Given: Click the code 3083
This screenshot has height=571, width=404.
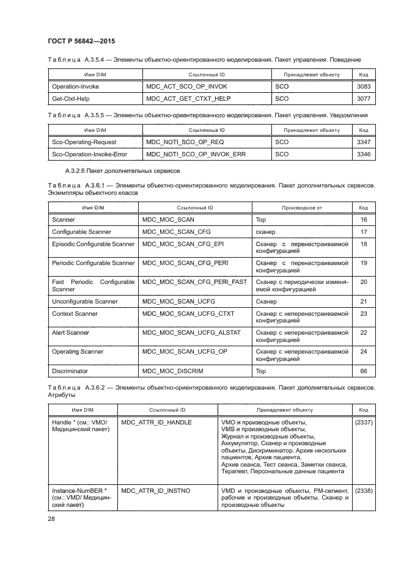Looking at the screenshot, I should [364, 87].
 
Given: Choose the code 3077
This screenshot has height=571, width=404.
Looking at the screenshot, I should [364, 98].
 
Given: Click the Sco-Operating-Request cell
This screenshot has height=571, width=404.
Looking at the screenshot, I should [80, 141].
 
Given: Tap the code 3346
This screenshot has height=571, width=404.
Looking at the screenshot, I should [364, 155].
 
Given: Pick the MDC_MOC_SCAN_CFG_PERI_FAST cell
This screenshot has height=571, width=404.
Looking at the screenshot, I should [194, 282].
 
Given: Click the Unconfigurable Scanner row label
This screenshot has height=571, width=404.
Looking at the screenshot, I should [85, 302].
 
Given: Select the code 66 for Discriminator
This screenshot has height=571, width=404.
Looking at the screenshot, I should [364, 371].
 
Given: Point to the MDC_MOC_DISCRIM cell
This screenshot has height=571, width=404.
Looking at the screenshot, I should [172, 371].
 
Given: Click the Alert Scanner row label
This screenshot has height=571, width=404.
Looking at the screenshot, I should [70, 333].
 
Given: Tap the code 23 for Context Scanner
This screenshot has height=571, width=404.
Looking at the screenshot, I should [364, 313].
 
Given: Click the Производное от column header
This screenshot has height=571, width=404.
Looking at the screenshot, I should [301, 208].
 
